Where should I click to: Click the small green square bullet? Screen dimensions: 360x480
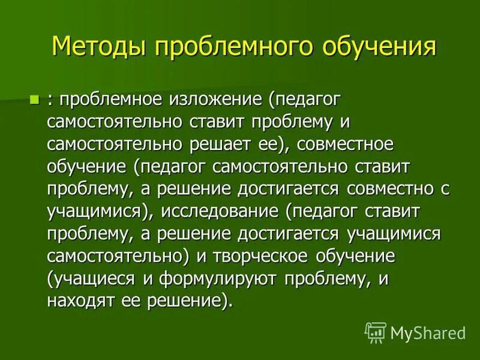click(x=34, y=98)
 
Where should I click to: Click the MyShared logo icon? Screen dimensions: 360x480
click(x=375, y=332)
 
